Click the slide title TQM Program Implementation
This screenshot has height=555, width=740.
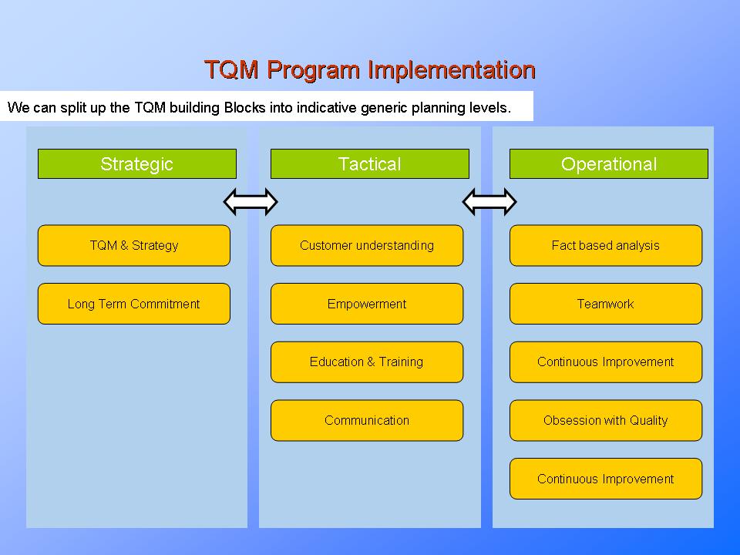click(369, 70)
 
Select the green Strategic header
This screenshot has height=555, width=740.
click(136, 164)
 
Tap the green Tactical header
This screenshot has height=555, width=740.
click(369, 164)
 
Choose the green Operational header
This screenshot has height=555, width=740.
click(608, 164)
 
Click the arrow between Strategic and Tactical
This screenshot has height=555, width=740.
click(250, 202)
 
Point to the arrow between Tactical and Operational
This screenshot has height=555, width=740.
click(489, 202)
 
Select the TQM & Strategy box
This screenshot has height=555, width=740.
click(133, 246)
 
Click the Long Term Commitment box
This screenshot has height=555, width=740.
click(133, 304)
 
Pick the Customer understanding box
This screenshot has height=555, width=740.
click(366, 246)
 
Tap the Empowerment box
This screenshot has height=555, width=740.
click(366, 304)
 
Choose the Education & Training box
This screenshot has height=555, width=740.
click(366, 362)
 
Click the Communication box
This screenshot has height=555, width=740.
click(366, 420)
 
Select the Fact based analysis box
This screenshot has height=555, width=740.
click(605, 246)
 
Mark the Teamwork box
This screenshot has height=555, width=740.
click(605, 304)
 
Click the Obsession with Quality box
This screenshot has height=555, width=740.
click(605, 420)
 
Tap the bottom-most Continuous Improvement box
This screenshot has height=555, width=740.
click(605, 479)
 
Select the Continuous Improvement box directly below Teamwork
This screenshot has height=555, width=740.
click(605, 362)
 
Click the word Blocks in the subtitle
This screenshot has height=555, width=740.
click(244, 107)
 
